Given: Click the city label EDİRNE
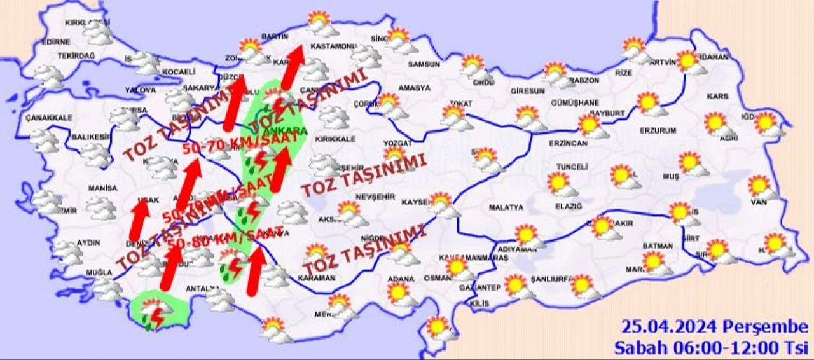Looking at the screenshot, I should click(x=55, y=42).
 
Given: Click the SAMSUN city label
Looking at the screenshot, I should click(x=424, y=64).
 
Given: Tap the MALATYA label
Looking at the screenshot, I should click(x=506, y=207).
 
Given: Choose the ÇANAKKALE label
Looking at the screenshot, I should click(x=49, y=118).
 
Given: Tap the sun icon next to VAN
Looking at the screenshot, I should click(x=759, y=185).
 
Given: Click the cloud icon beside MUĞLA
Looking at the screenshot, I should click(x=107, y=290).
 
